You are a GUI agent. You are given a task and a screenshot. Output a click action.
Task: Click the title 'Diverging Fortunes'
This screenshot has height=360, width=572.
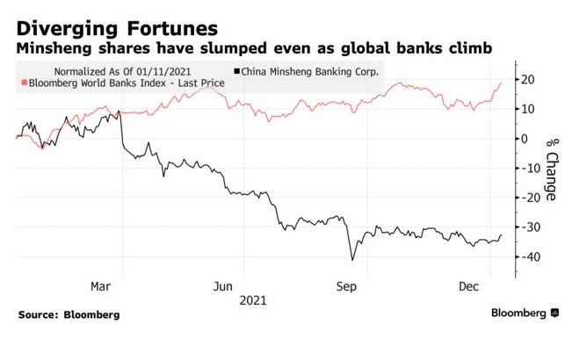[117, 19]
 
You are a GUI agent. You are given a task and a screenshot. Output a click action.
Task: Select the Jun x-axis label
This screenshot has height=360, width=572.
[224, 286]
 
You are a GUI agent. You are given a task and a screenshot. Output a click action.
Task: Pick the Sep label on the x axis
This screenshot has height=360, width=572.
[347, 286]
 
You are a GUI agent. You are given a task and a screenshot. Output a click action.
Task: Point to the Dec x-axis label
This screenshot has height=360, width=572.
[468, 286]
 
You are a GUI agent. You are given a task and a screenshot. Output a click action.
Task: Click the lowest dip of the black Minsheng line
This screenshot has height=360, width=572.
[352, 260]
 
